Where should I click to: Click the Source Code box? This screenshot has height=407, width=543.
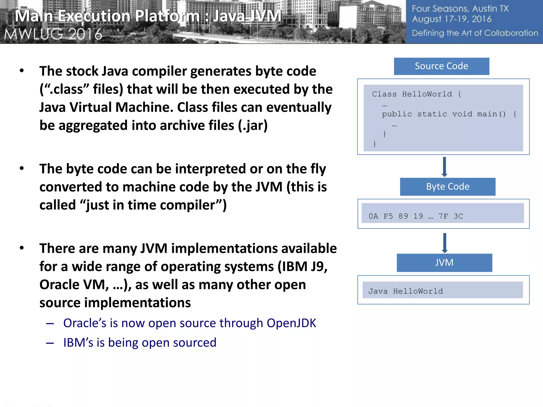coord(441,66)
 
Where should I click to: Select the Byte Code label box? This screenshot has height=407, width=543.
coord(448,187)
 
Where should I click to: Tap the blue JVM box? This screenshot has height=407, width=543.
coord(444,263)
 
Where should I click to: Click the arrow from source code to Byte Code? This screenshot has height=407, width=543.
coord(445,167)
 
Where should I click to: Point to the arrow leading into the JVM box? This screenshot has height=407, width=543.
coord(445,243)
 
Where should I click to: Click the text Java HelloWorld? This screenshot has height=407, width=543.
coord(406,291)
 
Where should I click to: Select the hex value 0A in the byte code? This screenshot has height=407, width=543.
coord(373,216)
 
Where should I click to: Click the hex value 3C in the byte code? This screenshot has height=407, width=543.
coord(458,216)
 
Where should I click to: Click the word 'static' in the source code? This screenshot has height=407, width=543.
coord(432,114)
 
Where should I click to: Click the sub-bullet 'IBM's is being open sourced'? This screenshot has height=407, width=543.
coord(140,343)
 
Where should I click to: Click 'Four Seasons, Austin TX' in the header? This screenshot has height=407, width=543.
coord(460,9)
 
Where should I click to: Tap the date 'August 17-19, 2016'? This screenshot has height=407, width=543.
coord(452,19)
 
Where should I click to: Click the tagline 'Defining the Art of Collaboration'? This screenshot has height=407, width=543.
coord(475,33)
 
